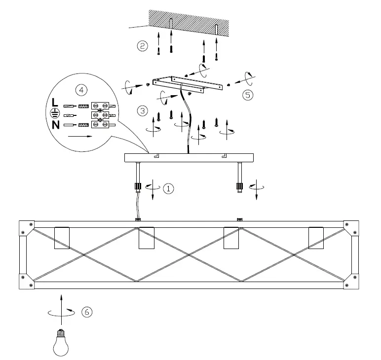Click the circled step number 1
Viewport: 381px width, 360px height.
tap(168, 188)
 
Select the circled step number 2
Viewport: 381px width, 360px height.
tap(142, 46)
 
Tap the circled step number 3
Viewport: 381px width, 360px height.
tap(142, 110)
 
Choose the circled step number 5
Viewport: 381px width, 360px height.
tap(248, 95)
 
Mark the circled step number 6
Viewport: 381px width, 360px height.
tap(86, 312)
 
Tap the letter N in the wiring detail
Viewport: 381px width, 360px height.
tap(56, 125)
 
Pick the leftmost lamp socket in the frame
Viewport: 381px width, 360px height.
tap(62, 238)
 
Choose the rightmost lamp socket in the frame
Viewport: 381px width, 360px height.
tap(316, 238)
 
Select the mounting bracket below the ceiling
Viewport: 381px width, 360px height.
tap(189, 84)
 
